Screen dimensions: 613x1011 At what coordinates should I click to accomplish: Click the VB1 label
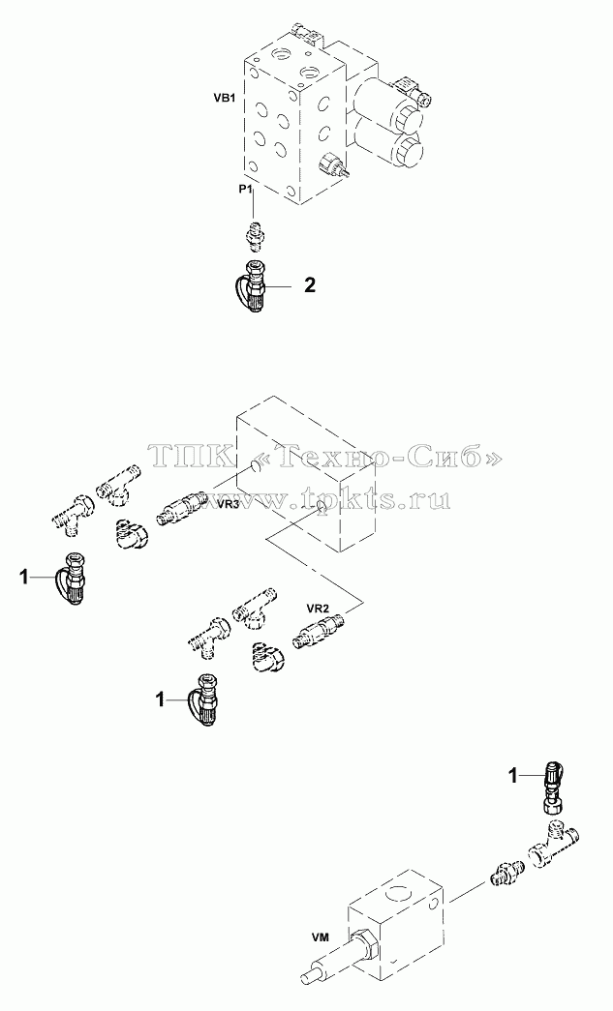tap(224, 99)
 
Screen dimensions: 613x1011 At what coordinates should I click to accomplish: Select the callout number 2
tap(310, 285)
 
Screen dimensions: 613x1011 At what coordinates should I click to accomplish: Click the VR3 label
tap(229, 504)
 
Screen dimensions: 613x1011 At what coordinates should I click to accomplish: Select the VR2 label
tap(318, 608)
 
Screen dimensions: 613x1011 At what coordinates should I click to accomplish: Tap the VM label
tap(320, 937)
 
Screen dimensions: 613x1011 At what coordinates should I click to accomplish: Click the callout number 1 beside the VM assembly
tap(513, 777)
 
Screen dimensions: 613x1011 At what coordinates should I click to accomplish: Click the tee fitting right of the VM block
tap(554, 841)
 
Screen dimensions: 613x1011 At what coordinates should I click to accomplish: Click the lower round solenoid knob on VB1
tap(409, 151)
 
